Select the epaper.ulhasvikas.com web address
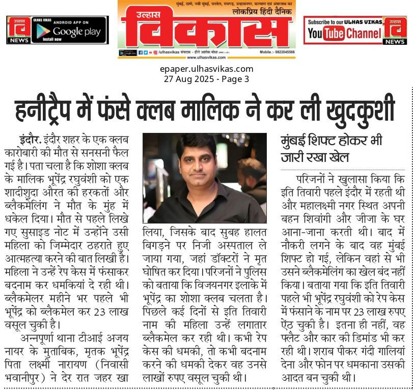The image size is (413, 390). (x=206, y=69)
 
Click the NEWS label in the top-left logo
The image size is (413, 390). (x=17, y=39)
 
